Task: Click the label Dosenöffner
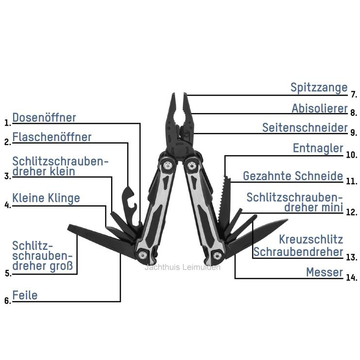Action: point(44,118)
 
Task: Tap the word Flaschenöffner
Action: point(51,137)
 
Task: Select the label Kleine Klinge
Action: point(46,198)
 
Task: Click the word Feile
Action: point(25,295)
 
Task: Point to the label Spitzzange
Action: point(319,88)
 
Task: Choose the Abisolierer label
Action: point(320,108)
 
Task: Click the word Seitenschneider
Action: point(305,128)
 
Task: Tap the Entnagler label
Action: point(318,148)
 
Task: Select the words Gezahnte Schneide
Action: point(293,176)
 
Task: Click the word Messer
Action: point(325,273)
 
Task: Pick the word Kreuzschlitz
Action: point(311,240)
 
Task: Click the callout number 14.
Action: point(351,278)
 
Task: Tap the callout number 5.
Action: point(8,274)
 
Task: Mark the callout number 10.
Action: point(351,155)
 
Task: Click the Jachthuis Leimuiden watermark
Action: point(182,267)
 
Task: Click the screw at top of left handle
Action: point(168,165)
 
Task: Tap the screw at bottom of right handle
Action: point(217,256)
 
